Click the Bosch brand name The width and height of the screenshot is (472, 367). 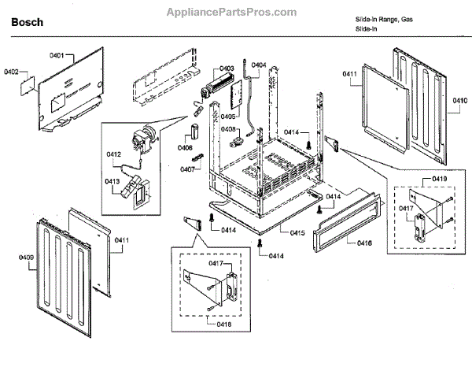(x=26, y=23)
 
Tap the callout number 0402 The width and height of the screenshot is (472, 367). (x=11, y=72)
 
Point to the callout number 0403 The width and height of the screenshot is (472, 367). (x=227, y=69)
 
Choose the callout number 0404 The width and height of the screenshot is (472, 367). (x=259, y=65)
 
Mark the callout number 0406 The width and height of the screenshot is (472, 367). (x=186, y=146)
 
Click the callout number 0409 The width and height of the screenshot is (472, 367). (x=26, y=256)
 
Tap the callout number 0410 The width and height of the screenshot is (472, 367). (x=459, y=101)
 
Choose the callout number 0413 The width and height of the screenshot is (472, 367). (x=112, y=181)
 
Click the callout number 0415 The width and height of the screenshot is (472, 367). (x=296, y=233)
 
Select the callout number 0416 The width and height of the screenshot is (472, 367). (x=364, y=245)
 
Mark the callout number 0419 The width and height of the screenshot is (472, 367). (x=439, y=180)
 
